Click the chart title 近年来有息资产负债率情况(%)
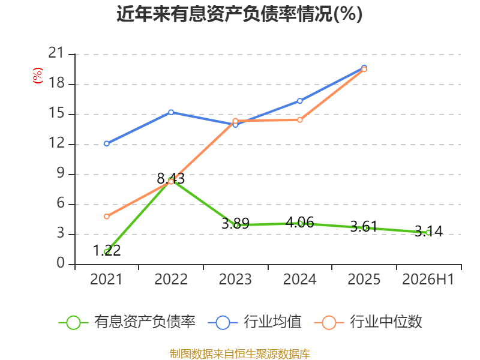239,14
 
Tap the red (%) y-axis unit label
37,76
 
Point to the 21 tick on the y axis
56,53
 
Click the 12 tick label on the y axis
56,143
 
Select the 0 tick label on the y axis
61,263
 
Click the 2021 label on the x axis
106,279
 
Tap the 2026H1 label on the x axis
428,279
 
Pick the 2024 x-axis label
299,279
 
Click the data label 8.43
171,178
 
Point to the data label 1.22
107,250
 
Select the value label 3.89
235,223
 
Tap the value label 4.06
299,222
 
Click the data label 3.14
428,232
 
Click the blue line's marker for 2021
107,143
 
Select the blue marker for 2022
171,112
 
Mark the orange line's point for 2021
107,217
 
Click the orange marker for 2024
299,120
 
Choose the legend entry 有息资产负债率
127,322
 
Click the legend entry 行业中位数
368,322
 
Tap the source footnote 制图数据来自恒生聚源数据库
240,354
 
